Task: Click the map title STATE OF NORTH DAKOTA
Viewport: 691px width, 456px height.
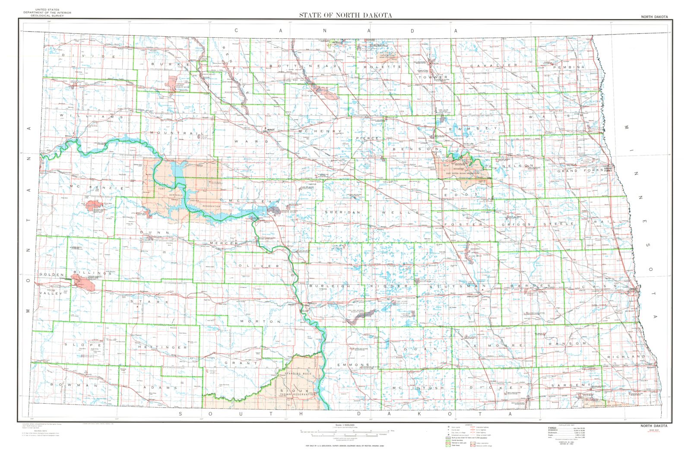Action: [345, 15]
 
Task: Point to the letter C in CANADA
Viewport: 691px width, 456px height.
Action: [236, 31]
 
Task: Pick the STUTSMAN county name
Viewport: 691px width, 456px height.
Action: [458, 286]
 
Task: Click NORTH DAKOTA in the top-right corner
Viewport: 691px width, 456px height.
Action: [654, 17]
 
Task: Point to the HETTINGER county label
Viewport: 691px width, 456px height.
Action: [162, 347]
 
